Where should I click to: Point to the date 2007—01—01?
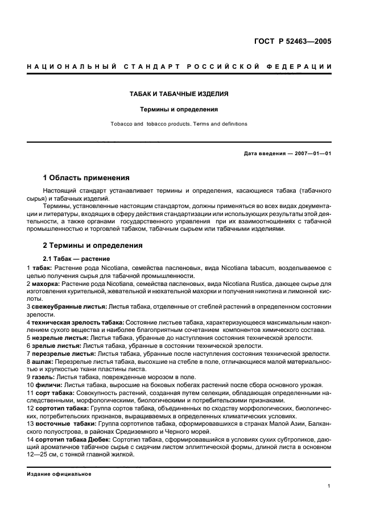point(311,153)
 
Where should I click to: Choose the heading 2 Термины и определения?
point(93,246)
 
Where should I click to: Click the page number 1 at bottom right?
point(329,486)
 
